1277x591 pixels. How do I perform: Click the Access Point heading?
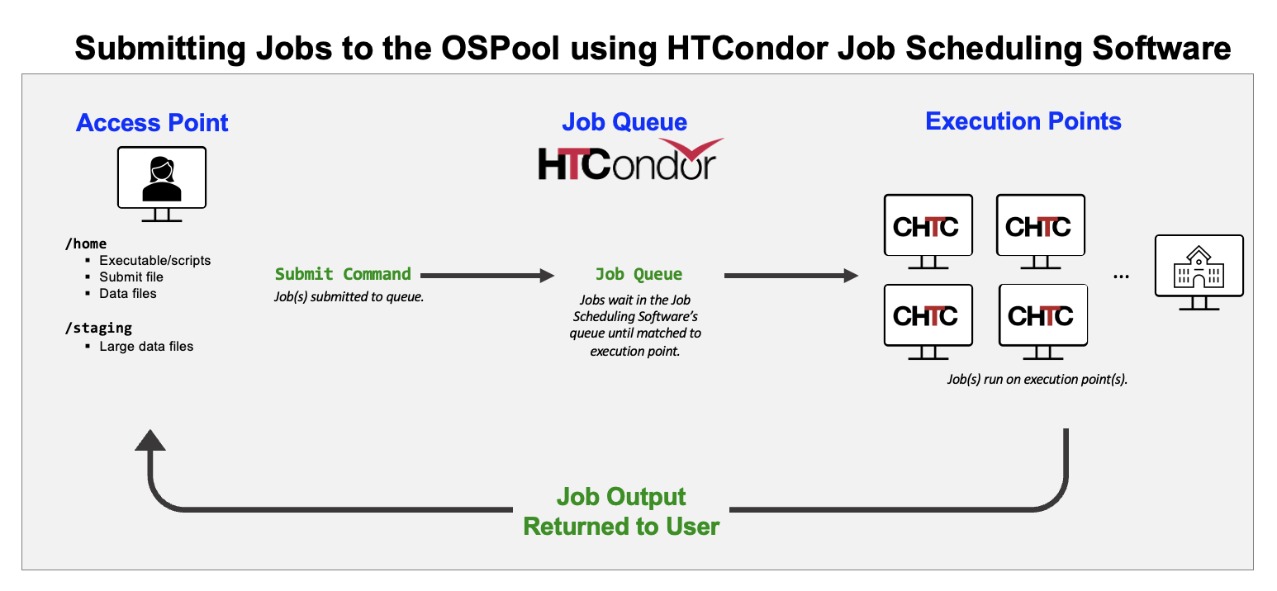[x=152, y=122]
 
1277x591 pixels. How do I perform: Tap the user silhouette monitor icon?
[x=162, y=183]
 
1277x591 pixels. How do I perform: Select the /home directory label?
[x=86, y=244]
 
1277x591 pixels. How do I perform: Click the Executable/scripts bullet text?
[x=154, y=261]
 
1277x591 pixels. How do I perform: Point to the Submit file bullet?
[x=131, y=277]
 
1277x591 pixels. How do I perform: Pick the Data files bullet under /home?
[x=128, y=294]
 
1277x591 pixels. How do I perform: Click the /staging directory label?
[x=98, y=329]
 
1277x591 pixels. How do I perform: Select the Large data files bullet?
[x=146, y=347]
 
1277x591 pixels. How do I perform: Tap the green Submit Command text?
[x=343, y=274]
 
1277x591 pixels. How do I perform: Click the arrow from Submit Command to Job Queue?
[x=487, y=276]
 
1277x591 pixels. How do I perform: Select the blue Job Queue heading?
[x=624, y=122]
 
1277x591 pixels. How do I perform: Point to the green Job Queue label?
[x=638, y=274]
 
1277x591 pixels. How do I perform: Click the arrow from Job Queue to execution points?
[x=791, y=276]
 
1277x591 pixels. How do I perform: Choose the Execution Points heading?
[x=1023, y=121]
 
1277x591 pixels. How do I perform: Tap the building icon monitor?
[x=1199, y=272]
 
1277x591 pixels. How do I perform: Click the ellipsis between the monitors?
[x=1121, y=277]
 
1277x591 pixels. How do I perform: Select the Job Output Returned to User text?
[x=621, y=512]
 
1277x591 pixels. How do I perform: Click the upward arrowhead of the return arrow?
[x=150, y=440]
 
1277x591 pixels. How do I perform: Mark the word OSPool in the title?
[x=501, y=48]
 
